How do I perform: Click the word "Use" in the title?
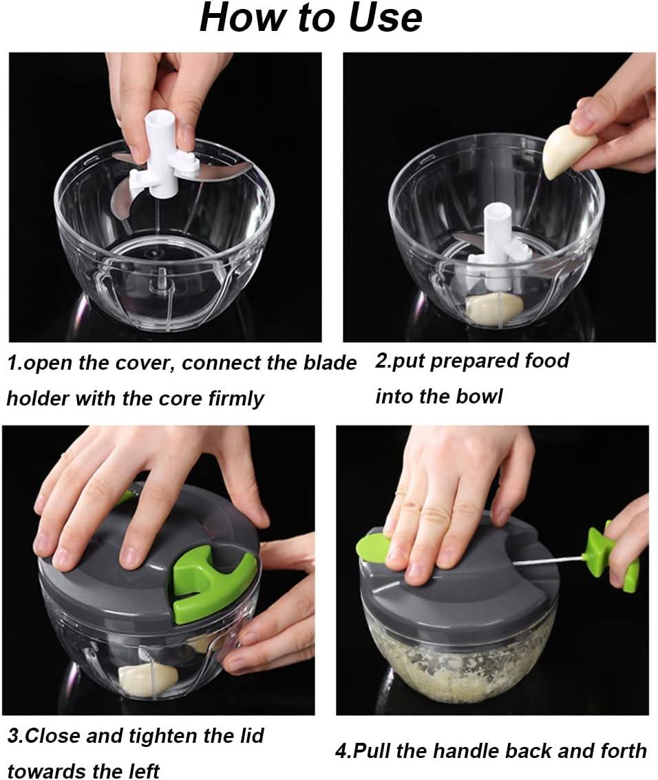tap(385, 17)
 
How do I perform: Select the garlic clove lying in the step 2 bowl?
tap(492, 308)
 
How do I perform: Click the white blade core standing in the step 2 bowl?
tap(496, 249)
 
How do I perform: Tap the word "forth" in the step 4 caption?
tap(623, 751)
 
